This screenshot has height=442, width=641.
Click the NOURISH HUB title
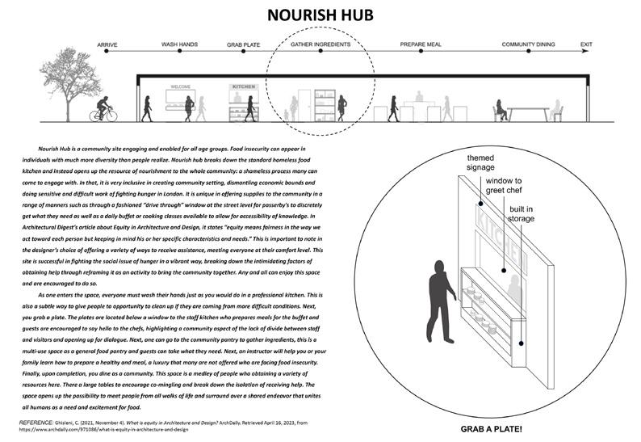click(x=320, y=17)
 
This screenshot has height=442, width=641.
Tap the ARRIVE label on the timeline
click(x=108, y=44)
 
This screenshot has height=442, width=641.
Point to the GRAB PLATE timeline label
click(x=243, y=44)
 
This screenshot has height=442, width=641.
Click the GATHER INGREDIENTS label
click(x=320, y=44)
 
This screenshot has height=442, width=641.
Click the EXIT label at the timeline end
click(x=587, y=44)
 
